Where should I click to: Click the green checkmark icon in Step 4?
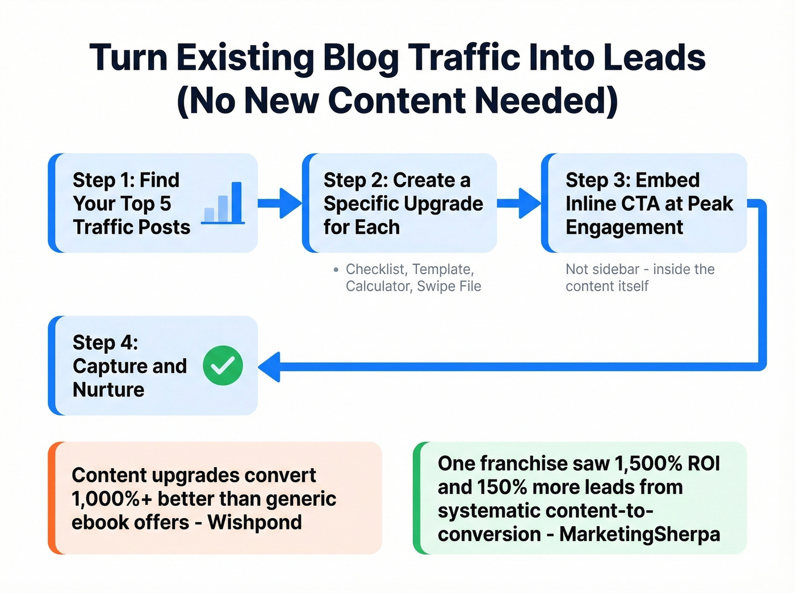223,365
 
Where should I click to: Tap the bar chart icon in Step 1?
224,203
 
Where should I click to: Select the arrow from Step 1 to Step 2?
279,203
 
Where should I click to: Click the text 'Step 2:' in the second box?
355,180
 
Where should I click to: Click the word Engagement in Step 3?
624,227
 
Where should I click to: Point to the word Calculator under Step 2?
378,286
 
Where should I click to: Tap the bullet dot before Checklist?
336,270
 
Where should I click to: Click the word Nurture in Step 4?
108,390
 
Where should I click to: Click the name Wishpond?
254,522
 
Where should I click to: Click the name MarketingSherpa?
639,534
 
